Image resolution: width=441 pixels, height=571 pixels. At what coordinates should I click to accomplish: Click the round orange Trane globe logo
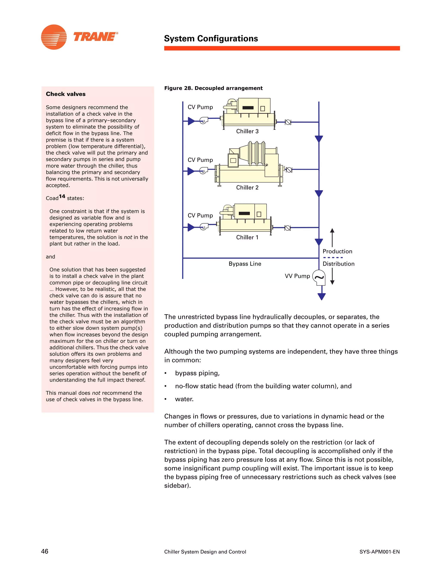click(x=54, y=37)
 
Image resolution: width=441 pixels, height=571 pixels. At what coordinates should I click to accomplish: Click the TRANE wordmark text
click(x=95, y=37)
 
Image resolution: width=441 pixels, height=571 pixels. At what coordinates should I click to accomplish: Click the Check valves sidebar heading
click(x=66, y=94)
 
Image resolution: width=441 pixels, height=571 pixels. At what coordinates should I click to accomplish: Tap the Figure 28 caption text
click(x=213, y=88)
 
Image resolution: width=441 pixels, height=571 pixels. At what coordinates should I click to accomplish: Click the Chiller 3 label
click(x=247, y=131)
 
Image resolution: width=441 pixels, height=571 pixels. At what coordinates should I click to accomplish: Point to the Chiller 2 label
click(x=247, y=187)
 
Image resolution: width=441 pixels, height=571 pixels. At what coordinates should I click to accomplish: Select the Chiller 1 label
click(x=247, y=237)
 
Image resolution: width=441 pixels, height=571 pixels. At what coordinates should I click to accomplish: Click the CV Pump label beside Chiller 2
click(x=200, y=160)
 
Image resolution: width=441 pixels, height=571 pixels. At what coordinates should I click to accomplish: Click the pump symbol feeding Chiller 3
click(x=203, y=120)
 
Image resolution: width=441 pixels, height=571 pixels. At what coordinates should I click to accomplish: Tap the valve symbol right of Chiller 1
click(x=287, y=228)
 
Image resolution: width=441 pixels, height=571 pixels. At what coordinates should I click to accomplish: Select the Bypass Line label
click(x=245, y=264)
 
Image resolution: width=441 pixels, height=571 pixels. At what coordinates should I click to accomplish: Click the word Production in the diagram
click(x=337, y=251)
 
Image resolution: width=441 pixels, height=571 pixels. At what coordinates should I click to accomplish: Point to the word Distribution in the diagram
click(x=338, y=264)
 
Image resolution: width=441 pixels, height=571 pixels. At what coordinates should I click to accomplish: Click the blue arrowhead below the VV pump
click(x=322, y=296)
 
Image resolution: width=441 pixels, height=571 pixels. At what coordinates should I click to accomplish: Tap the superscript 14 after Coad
click(x=62, y=196)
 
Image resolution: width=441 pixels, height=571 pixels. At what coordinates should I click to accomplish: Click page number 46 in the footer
click(x=45, y=551)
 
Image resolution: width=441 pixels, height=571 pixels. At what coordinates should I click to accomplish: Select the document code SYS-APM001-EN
click(x=379, y=552)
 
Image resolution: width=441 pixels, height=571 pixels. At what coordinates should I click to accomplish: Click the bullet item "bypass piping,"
click(x=197, y=373)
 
